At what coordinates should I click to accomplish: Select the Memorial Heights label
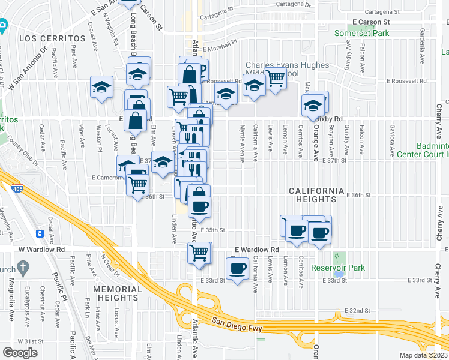pyautogui.click(x=117, y=294)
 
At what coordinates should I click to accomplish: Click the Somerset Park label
pyautogui.click(x=361, y=34)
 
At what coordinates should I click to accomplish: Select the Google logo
pyautogui.click(x=20, y=352)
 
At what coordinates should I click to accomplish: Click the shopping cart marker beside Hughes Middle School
pyautogui.click(x=275, y=77)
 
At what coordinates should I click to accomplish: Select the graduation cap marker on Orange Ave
pyautogui.click(x=312, y=105)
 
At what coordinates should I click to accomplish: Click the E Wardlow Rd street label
pyautogui.click(x=257, y=249)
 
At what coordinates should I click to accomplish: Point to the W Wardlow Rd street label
pyautogui.click(x=41, y=249)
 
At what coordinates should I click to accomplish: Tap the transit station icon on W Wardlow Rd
pyautogui.click(x=40, y=233)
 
